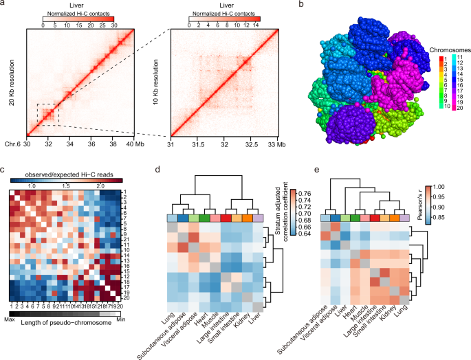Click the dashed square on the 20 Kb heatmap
coord(47,115)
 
